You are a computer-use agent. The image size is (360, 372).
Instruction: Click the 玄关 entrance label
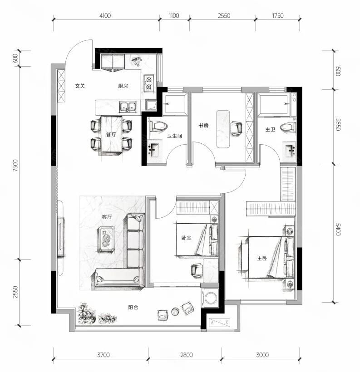click(80, 86)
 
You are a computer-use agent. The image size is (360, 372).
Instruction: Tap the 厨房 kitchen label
click(123, 86)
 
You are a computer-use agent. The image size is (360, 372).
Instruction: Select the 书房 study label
click(203, 126)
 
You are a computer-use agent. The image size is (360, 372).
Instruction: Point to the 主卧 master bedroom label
click(262, 258)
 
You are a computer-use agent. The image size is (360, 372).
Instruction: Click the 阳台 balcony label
click(133, 307)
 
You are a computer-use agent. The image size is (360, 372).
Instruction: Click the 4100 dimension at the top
click(105, 16)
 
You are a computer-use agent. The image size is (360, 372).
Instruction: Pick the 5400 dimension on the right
click(338, 229)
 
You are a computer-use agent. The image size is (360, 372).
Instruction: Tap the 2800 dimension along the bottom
click(186, 355)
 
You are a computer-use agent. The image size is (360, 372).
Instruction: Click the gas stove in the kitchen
click(149, 83)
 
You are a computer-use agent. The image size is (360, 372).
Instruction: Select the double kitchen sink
click(128, 107)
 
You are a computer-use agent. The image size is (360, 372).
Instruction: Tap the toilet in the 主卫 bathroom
click(288, 127)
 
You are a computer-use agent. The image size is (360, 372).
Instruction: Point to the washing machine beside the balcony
click(210, 298)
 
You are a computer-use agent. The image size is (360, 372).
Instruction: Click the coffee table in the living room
click(106, 238)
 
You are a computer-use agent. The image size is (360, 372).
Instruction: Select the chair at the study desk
click(236, 128)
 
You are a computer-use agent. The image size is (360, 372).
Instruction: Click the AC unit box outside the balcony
click(220, 323)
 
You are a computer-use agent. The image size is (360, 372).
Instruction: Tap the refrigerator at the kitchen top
click(113, 62)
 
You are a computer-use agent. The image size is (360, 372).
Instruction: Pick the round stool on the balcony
click(175, 312)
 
